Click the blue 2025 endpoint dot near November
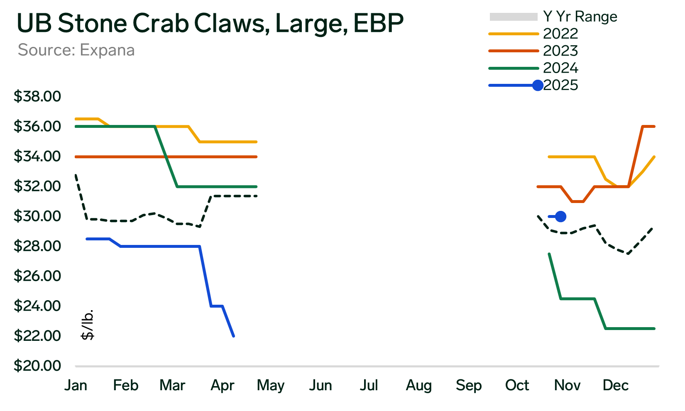tap(560, 216)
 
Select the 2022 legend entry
tap(560, 34)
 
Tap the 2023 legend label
tap(560, 51)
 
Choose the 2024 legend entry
tap(560, 68)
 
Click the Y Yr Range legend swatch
tap(514, 17)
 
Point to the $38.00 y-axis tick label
tap(37, 96)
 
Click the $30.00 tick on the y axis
tap(37, 216)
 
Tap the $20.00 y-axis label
tap(37, 366)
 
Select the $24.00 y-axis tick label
tap(37, 306)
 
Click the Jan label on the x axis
tap(76, 385)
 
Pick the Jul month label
tap(369, 385)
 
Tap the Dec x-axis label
tap(616, 385)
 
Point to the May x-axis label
tap(271, 385)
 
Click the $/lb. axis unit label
tap(88, 325)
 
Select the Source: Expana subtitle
tap(76, 50)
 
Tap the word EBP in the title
tap(378, 23)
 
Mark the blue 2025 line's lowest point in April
tap(234, 336)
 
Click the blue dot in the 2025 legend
tap(538, 85)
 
